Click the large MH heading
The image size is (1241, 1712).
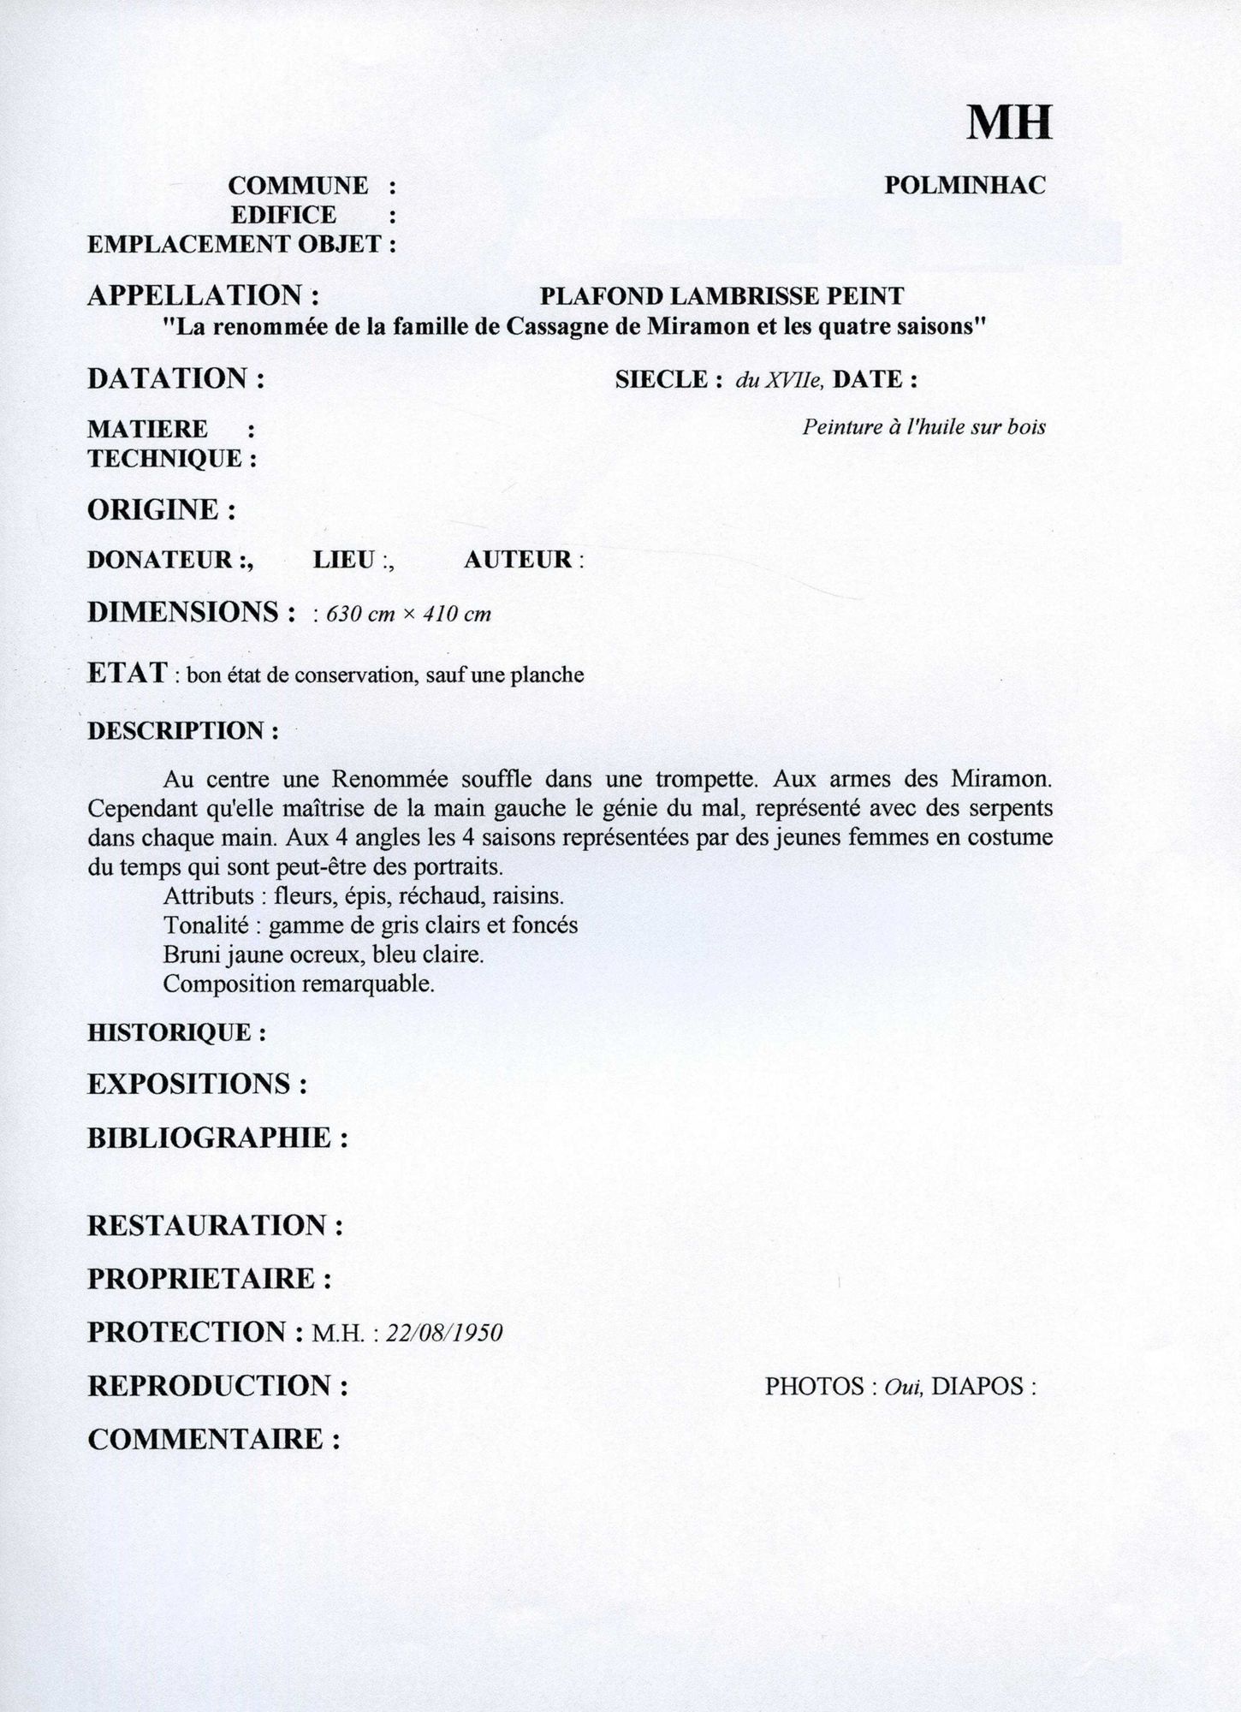[1009, 123]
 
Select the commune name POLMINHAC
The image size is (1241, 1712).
[965, 185]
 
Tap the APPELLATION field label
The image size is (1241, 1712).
[204, 296]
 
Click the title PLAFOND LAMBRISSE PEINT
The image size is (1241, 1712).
[721, 296]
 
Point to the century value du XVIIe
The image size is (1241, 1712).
[779, 380]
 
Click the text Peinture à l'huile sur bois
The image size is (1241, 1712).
[923, 427]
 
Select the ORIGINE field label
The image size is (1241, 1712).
[162, 510]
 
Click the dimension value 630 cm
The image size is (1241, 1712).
[362, 615]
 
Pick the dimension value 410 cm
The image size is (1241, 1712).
[458, 615]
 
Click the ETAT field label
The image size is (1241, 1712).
[128, 674]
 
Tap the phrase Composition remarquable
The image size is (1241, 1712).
[299, 984]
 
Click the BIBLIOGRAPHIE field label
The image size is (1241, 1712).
[217, 1138]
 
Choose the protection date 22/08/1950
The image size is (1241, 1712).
[444, 1333]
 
